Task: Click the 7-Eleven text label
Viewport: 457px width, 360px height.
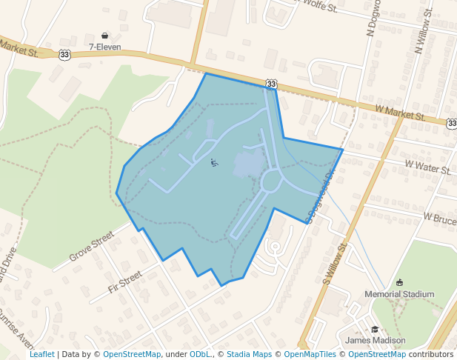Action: [104, 47]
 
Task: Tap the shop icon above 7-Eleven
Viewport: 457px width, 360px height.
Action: [104, 36]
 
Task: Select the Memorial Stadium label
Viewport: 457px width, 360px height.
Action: [399, 294]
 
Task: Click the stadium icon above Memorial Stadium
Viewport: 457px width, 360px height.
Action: [400, 282]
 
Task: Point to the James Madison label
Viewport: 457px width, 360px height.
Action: [376, 341]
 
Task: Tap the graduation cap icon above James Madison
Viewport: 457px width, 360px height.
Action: [375, 330]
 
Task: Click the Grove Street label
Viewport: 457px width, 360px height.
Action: [92, 247]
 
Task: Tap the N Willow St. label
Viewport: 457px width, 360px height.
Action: [424, 36]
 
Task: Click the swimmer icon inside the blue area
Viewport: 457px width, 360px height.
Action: [214, 162]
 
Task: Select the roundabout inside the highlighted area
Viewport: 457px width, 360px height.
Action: [271, 180]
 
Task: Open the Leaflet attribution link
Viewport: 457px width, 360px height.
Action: [41, 354]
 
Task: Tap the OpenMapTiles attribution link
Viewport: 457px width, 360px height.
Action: [310, 354]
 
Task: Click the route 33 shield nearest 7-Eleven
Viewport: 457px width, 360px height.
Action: [65, 54]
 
